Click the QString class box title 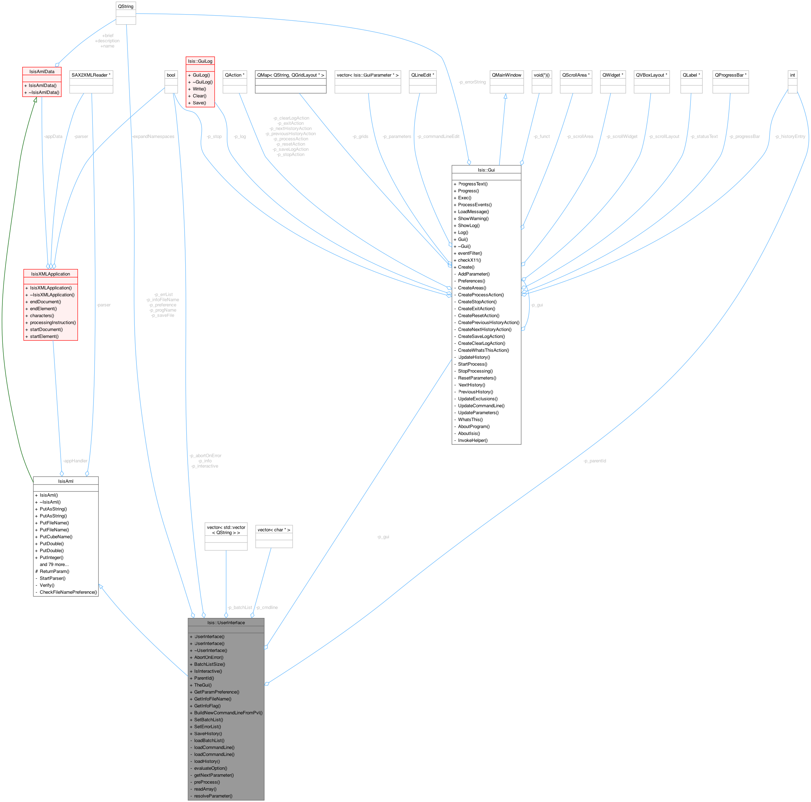(x=125, y=6)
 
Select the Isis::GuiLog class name (x=200, y=61)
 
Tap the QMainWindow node (x=507, y=75)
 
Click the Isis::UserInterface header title (x=226, y=622)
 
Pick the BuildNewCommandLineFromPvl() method (x=228, y=713)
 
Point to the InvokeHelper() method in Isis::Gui (x=473, y=440)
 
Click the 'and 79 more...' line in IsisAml (x=54, y=564)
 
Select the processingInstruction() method (x=53, y=322)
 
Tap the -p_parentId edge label (x=594, y=461)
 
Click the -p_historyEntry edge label (x=790, y=137)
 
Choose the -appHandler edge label (x=75, y=461)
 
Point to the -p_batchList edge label (x=239, y=608)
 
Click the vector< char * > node (x=274, y=530)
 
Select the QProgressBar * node (x=730, y=75)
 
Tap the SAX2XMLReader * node (x=91, y=75)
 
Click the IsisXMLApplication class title (x=50, y=274)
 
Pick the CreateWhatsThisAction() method (x=483, y=350)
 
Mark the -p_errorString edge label (x=472, y=82)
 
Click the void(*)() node (x=542, y=75)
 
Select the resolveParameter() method (x=213, y=796)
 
